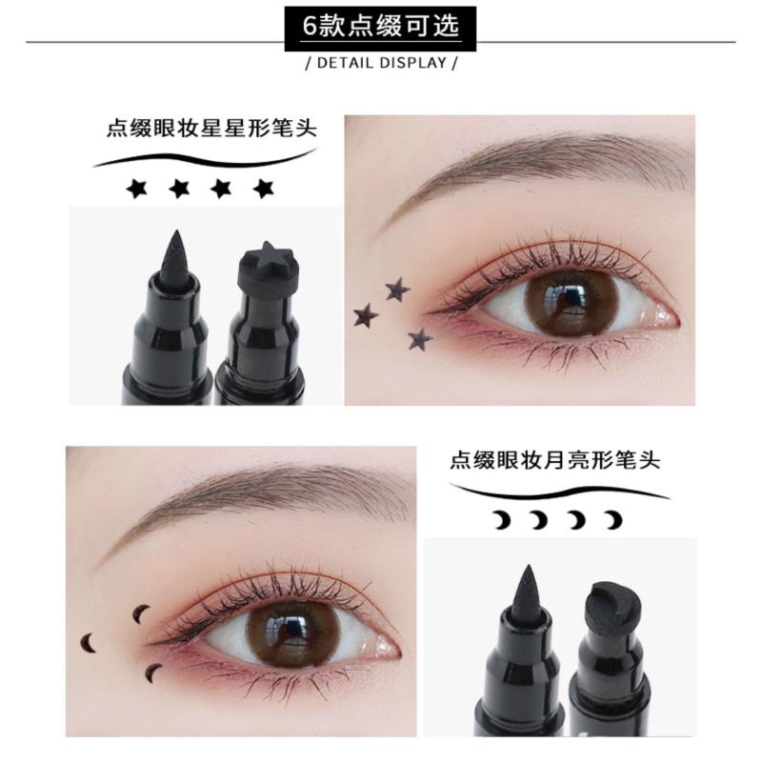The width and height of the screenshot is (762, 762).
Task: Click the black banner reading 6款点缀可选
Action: tap(380, 28)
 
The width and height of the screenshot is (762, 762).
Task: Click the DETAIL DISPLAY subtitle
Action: tap(382, 63)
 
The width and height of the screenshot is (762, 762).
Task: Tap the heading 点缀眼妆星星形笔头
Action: tap(211, 129)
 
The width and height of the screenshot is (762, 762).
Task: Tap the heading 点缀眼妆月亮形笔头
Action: tap(555, 459)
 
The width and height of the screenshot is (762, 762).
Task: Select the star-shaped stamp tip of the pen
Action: tap(265, 267)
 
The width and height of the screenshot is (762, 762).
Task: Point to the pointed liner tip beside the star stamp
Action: tap(174, 256)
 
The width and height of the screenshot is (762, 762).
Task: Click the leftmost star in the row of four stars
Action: tap(136, 189)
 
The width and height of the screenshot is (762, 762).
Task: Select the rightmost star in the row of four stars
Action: tap(264, 189)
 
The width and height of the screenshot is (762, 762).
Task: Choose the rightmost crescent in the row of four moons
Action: tap(613, 520)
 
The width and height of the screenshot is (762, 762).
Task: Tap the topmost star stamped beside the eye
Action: tap(397, 290)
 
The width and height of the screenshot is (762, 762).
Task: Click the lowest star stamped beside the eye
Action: tap(420, 339)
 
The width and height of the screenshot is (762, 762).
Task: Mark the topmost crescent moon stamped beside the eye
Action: tap(142, 612)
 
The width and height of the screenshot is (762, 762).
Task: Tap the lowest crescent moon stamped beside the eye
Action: tap(154, 672)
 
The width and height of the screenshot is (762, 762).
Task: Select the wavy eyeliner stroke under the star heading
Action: tap(203, 158)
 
